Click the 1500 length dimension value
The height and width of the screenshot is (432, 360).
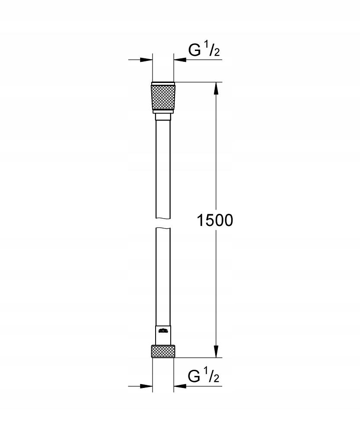[x=215, y=220]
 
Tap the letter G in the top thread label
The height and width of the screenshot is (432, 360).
[x=194, y=51]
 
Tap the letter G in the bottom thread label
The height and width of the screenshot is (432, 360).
[x=194, y=377]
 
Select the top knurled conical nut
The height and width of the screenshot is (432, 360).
[x=163, y=98]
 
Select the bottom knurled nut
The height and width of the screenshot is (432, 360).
[x=163, y=351]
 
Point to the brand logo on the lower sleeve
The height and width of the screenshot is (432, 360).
[x=163, y=332]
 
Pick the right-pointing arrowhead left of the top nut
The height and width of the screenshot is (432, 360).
[x=147, y=60]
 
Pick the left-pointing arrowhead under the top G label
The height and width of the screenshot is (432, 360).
[x=180, y=60]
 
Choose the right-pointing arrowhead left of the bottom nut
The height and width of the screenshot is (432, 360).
[x=147, y=386]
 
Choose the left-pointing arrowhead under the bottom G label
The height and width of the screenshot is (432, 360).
[x=180, y=386]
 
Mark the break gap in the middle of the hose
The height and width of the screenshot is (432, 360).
[x=163, y=222]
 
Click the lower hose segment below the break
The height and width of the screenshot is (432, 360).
[x=163, y=276]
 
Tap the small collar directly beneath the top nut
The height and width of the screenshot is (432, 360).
[x=163, y=116]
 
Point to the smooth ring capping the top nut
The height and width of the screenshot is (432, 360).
[x=163, y=83]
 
